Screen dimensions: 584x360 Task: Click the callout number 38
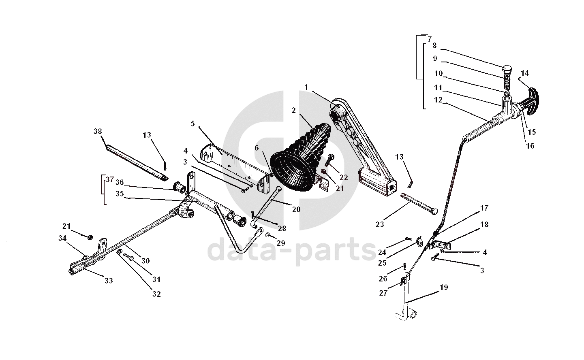click(x=98, y=131)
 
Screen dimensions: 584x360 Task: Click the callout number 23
click(x=380, y=224)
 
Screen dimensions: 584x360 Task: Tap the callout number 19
click(x=444, y=288)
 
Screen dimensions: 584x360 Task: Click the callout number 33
click(x=108, y=281)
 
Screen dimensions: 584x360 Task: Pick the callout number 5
click(x=193, y=124)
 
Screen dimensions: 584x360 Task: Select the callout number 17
click(x=484, y=208)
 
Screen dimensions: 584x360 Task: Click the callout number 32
click(x=156, y=294)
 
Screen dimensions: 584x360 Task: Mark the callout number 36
click(x=120, y=182)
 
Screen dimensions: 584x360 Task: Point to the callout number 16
click(x=530, y=146)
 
